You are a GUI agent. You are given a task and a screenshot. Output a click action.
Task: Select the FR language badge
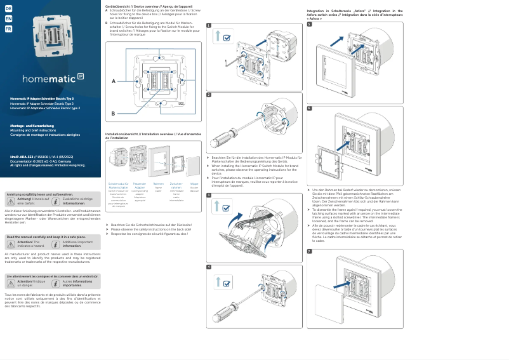pos(8,29)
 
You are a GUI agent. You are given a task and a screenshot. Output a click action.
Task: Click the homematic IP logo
pos(53,79)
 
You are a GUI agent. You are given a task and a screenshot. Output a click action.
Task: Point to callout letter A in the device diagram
pos(114,81)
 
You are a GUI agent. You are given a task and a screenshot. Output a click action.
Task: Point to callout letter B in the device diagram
pos(114,113)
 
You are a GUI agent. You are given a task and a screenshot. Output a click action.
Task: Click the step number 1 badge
pos(209,26)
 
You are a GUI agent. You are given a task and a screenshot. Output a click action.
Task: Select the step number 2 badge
pos(209,95)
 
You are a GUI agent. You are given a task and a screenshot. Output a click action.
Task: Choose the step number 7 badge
pos(309,251)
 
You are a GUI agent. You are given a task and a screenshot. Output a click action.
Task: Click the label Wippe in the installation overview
pos(194,183)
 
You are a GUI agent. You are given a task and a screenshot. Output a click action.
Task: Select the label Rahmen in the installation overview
pos(158,183)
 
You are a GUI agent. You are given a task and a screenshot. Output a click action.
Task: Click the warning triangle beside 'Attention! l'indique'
pos(11,283)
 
